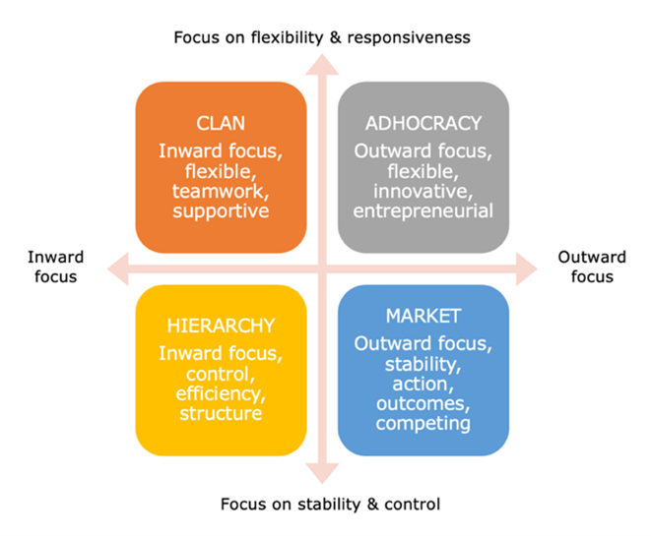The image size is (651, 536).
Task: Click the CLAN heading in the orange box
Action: tap(221, 124)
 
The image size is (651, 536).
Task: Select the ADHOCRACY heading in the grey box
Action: tap(423, 124)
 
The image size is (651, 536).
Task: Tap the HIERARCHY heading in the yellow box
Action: tap(221, 326)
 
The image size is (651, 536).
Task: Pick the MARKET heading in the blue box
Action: tap(423, 316)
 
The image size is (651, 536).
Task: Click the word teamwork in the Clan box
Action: tap(221, 192)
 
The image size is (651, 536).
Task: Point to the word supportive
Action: tap(221, 211)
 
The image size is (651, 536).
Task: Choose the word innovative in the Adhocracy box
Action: tap(423, 192)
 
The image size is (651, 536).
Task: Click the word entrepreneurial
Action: tap(423, 211)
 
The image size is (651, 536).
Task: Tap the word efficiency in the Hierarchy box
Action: tap(221, 393)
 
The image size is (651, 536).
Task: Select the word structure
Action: tap(221, 413)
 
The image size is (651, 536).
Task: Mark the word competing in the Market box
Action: tap(423, 424)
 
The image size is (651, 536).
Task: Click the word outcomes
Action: tap(423, 404)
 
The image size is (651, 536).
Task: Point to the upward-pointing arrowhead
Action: tap(322, 65)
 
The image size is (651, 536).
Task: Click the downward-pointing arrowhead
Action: tap(322, 474)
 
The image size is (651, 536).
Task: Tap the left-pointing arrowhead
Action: tap(118, 269)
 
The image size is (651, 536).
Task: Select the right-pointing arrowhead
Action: tap(527, 269)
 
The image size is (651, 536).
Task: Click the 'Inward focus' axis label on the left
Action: tap(55, 267)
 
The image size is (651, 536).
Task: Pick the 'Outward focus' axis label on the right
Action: tap(592, 267)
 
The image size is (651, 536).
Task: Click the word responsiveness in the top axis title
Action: tap(409, 38)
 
